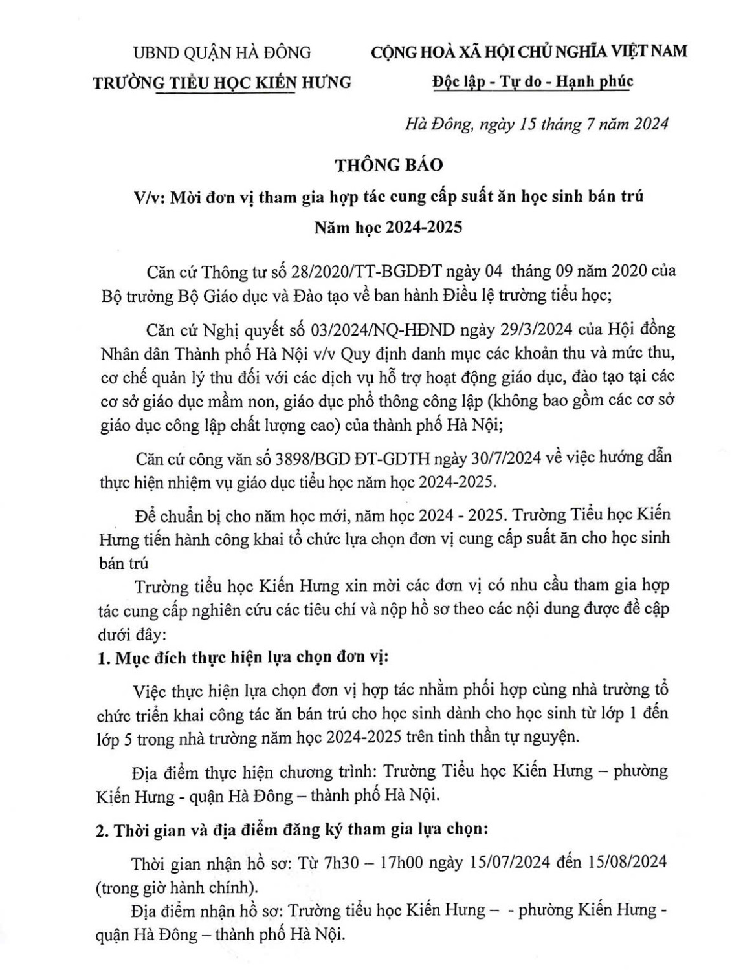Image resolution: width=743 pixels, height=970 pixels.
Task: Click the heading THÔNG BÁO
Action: (x=389, y=165)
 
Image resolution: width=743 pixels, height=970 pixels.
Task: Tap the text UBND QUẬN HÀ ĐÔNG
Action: (x=222, y=52)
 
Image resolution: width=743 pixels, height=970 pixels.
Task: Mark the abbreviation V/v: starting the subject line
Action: (x=148, y=197)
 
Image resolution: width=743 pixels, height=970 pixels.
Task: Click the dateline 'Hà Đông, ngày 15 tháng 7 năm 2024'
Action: (x=537, y=124)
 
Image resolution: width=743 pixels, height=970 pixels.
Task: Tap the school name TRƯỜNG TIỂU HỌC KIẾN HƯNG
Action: (x=222, y=82)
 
